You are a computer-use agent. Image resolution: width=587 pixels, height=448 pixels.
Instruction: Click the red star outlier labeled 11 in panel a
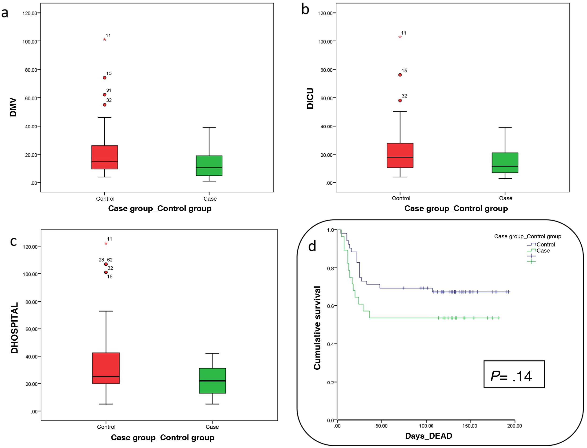(105, 40)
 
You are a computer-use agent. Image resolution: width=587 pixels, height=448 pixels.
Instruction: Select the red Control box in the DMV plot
(105, 157)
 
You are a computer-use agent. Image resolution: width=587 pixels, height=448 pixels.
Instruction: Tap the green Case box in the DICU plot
(505, 163)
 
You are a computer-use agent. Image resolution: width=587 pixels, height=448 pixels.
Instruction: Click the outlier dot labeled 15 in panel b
(400, 75)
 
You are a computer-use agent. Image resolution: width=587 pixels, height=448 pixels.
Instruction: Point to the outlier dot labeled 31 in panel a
(105, 95)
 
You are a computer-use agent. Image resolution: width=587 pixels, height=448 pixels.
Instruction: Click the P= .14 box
(514, 374)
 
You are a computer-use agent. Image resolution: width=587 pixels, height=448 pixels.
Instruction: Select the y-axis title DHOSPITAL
(15, 328)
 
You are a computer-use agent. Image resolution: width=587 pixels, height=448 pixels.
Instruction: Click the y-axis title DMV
(13, 108)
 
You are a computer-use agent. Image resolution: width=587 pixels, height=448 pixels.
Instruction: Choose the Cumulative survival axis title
(317, 328)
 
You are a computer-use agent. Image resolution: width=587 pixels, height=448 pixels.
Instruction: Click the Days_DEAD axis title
(429, 436)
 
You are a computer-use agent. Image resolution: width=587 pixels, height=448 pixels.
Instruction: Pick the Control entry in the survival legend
(545, 245)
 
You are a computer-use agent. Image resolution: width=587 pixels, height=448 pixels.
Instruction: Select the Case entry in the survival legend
(543, 251)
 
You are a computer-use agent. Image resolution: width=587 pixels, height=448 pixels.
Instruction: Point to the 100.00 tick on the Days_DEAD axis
(426, 426)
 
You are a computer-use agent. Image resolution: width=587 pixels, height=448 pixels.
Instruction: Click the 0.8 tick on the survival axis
(330, 268)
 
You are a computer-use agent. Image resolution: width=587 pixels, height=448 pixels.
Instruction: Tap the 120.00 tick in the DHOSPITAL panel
(30, 247)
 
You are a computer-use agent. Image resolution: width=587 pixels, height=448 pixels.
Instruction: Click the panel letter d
(312, 246)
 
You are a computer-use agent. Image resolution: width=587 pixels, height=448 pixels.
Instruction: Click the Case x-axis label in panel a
(210, 199)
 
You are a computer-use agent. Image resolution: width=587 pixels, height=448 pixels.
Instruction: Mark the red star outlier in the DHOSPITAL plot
(106, 243)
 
